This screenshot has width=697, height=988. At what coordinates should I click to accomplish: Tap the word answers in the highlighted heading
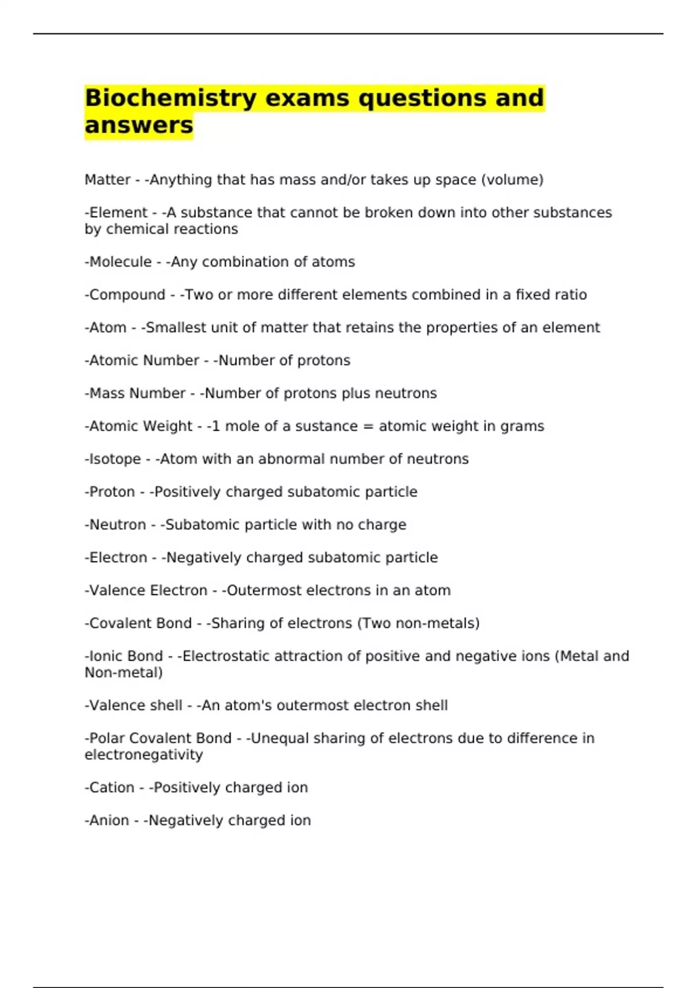coord(139,125)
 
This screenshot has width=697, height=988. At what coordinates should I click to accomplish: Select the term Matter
coord(107,180)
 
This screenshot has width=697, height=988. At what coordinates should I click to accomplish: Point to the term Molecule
coord(120,262)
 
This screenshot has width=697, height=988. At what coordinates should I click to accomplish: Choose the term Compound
coord(127,295)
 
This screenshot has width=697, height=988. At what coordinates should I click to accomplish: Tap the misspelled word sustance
coord(326,426)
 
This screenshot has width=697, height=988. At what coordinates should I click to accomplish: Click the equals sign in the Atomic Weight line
coord(368,426)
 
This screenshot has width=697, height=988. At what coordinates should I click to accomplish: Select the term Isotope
coord(115,459)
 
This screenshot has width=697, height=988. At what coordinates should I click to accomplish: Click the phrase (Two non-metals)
coord(418,623)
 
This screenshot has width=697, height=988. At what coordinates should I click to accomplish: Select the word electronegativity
coord(143,755)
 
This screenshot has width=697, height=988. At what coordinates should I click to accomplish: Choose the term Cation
coord(112,787)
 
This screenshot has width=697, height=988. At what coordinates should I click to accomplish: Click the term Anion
coord(109,821)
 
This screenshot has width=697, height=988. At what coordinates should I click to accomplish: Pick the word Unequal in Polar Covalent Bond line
coord(279,738)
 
